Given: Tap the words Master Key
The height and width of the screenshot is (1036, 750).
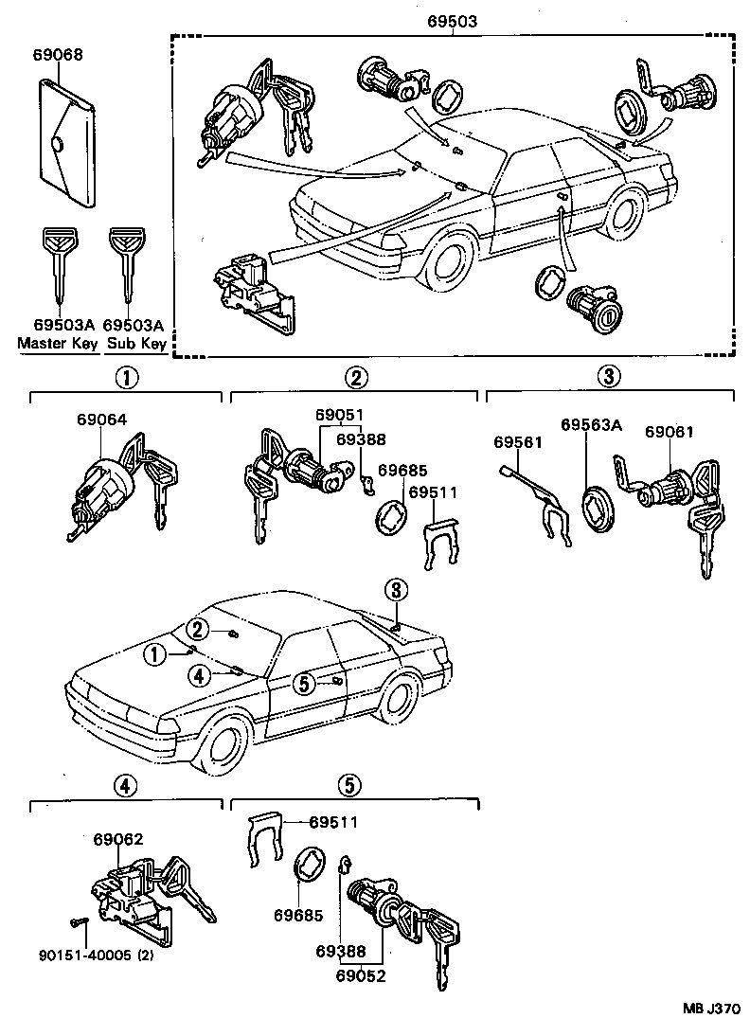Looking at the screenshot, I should point(58,343).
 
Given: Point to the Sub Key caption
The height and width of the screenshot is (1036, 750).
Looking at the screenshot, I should point(136,343).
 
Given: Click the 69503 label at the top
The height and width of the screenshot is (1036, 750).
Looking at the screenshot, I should point(453,21).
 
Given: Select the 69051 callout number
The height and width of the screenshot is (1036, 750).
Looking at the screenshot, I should point(339,415).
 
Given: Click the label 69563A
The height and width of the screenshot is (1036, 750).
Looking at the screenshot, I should point(591,425).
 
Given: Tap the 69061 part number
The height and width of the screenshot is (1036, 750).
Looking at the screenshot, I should point(670,431).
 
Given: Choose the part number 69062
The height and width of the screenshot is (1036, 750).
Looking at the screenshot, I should point(117,838).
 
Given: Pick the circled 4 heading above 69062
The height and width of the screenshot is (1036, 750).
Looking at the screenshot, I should point(126,784).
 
